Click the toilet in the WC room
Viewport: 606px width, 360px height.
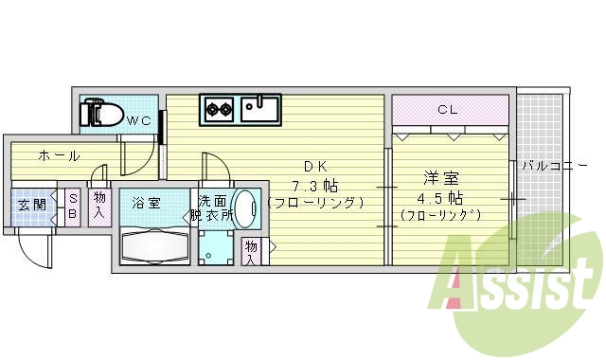102,114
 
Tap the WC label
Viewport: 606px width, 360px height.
139,120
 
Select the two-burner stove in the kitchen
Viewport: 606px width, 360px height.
220,109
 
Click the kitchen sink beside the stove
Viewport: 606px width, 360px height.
258,108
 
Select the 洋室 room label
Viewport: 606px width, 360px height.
441,177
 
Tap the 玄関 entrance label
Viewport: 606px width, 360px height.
32,204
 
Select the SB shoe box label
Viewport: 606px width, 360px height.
72,205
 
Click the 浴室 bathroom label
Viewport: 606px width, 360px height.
146,203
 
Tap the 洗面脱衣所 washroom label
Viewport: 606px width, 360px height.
212,207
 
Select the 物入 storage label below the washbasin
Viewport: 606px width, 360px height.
251,252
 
